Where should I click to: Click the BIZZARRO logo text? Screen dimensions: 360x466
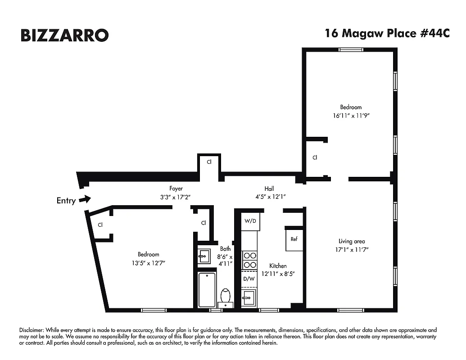pyautogui.click(x=64, y=35)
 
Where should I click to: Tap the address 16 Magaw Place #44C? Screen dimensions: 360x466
pyautogui.click(x=387, y=34)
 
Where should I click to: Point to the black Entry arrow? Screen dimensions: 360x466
pyautogui.click(x=85, y=199)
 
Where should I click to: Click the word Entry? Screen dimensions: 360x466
pyautogui.click(x=66, y=201)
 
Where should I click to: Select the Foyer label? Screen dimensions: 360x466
pyautogui.click(x=176, y=189)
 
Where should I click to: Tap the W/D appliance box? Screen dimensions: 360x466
pyautogui.click(x=250, y=221)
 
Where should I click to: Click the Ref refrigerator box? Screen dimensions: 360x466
pyautogui.click(x=294, y=239)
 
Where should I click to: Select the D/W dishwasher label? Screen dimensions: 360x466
pyautogui.click(x=249, y=279)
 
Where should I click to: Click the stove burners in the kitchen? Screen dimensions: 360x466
pyautogui.click(x=249, y=260)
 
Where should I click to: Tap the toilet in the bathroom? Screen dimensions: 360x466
pyautogui.click(x=226, y=296)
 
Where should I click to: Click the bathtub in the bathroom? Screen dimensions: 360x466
pyautogui.click(x=207, y=289)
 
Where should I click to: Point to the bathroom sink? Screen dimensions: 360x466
pyautogui.click(x=204, y=256)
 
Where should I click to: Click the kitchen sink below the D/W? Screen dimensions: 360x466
pyautogui.click(x=249, y=297)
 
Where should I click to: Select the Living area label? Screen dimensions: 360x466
pyautogui.click(x=352, y=241)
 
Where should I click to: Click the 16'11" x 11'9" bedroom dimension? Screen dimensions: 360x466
pyautogui.click(x=351, y=115)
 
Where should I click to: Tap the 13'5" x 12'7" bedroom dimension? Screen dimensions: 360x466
pyautogui.click(x=148, y=262)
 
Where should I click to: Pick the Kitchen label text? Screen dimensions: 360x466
pyautogui.click(x=278, y=265)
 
